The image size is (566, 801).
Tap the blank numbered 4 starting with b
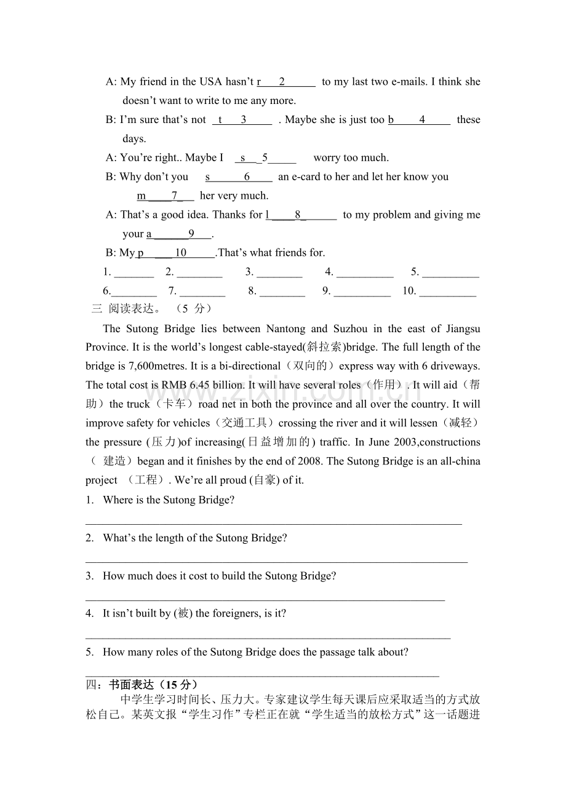(419, 120)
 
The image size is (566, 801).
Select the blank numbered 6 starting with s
(239, 177)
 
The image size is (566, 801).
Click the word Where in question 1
(116, 500)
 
